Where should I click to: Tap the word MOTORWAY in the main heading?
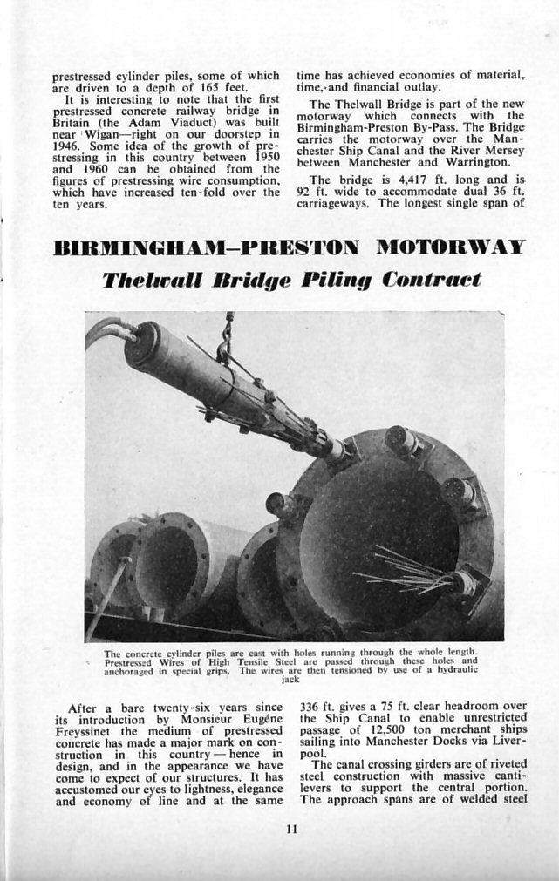pyautogui.click(x=450, y=246)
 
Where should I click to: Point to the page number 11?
pyautogui.click(x=290, y=829)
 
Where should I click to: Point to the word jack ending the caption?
pyautogui.click(x=290, y=679)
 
